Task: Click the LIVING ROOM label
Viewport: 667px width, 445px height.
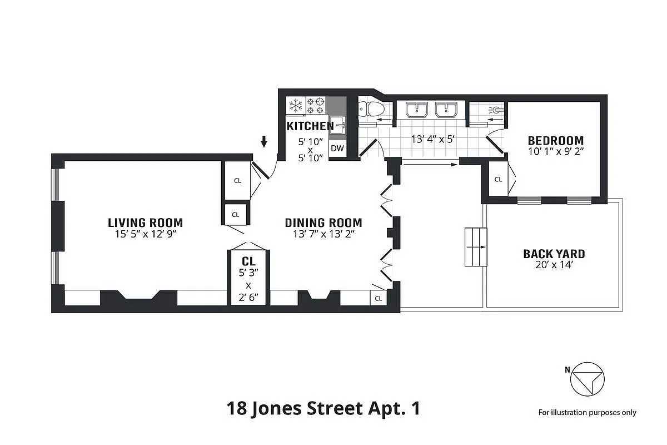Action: point(145,222)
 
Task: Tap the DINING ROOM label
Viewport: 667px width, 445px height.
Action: point(323,222)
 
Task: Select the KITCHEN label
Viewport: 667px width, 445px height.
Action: point(310,126)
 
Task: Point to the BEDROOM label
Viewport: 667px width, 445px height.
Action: point(555,140)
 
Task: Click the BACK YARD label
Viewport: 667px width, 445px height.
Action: point(554,254)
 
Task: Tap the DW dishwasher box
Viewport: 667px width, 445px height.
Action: point(337,149)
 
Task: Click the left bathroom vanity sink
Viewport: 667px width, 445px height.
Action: point(417,110)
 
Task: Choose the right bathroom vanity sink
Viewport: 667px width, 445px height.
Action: point(446,110)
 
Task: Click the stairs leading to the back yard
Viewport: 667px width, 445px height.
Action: point(476,246)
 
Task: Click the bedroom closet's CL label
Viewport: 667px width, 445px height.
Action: point(498,179)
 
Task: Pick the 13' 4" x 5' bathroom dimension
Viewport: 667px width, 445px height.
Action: point(433,139)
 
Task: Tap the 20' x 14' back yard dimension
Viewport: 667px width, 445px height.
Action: point(554,266)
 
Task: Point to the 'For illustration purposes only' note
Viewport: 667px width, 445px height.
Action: point(587,413)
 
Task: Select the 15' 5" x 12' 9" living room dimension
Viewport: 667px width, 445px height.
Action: point(145,234)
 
